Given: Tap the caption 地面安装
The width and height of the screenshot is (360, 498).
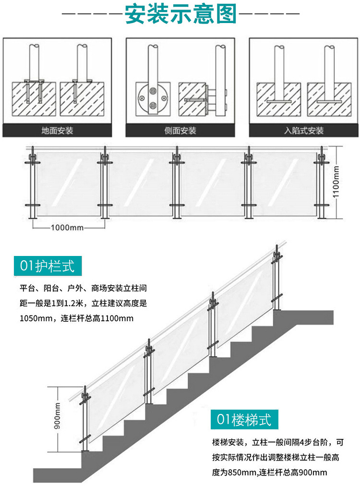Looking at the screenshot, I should coord(57,130).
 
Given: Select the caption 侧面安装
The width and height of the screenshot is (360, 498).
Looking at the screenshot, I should coord(180,130).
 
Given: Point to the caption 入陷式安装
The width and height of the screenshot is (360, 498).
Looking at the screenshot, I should coord(304,130).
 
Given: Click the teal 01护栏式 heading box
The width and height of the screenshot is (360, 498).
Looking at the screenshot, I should coord(48,266).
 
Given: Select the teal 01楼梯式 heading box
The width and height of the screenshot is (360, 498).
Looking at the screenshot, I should coord(244,419).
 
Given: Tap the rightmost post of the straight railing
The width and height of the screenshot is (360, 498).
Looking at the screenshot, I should coord(319,182).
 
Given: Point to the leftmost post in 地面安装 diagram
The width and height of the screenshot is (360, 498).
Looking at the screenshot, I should coord(34,62).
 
